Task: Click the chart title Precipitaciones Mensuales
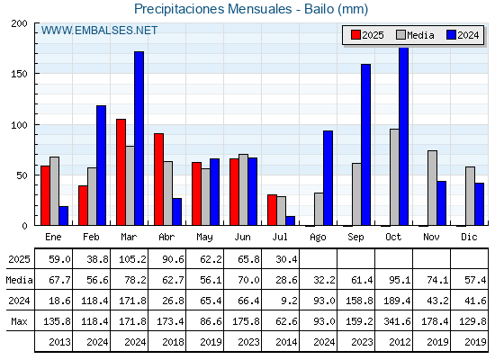coord(212,9)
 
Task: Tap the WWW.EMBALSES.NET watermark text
coord(99,31)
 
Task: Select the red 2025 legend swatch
coord(355,35)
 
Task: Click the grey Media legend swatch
coord(400,35)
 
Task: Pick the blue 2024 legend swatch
coord(451,35)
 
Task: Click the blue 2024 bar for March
coord(139,139)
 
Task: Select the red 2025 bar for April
coord(158,179)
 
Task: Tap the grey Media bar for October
coord(394,177)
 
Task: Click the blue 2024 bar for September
coord(365,145)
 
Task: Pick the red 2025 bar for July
coord(272,210)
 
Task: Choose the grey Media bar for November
coord(432,188)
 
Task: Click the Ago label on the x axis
coord(318,238)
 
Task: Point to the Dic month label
coord(469,237)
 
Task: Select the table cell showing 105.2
coord(132,259)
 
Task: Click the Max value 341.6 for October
coord(397,321)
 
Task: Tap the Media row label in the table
coord(19,280)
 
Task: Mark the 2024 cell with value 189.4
coord(397,301)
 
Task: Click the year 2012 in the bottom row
coord(400,342)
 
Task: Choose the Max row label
coord(19,321)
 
